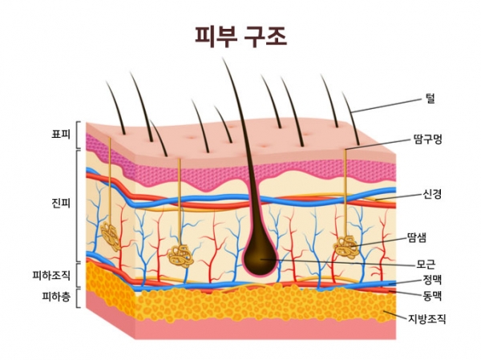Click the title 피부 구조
coord(240,36)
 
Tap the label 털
coord(430,98)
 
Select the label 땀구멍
coord(428,139)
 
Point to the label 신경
coord(432,194)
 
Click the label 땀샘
coord(417,237)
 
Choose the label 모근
coord(426,264)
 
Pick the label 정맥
coord(432,279)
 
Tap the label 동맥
coord(432,296)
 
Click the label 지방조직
coord(426,319)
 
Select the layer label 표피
coord(61,135)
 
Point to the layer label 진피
coord(61,203)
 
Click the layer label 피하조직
coord(51,275)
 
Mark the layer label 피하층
coord(56,297)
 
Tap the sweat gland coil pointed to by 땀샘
coord(346,245)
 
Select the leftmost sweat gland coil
coord(111,236)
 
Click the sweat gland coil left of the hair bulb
coord(180,256)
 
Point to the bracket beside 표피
coord(78,135)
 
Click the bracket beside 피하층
coord(78,297)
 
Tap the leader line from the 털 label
coord(387,106)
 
